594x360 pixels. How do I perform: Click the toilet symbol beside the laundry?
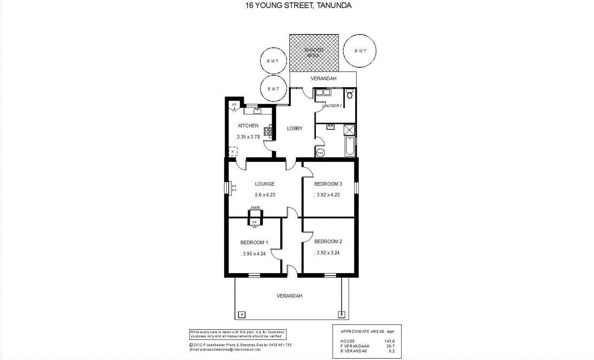click(x=350, y=94)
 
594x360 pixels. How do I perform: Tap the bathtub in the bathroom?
click(x=350, y=146)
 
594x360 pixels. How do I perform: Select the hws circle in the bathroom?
click(x=320, y=153)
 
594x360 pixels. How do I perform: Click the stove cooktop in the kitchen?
click(x=268, y=131)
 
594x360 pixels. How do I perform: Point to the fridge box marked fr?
click(x=233, y=152)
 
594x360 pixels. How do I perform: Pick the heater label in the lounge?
click(x=256, y=207)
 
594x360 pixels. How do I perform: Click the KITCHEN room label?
click(x=248, y=126)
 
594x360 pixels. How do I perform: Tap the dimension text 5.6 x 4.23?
click(x=265, y=195)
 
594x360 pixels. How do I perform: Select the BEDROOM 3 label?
click(x=328, y=184)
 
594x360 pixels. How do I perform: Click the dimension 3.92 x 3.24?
click(x=328, y=253)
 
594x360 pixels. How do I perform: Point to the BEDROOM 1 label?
click(x=254, y=243)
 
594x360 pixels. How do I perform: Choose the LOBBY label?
click(x=295, y=129)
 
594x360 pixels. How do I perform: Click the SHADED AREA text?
click(x=313, y=52)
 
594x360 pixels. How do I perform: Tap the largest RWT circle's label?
click(x=360, y=51)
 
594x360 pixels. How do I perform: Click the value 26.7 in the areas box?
click(x=391, y=346)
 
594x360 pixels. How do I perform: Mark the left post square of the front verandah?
click(x=242, y=315)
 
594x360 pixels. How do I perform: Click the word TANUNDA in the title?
click(x=334, y=5)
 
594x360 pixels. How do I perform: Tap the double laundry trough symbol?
click(x=323, y=92)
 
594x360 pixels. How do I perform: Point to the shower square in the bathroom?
click(x=349, y=130)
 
